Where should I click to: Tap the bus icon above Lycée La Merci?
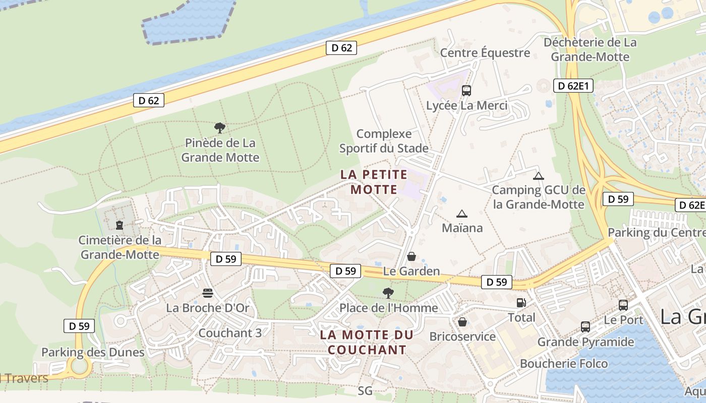coord(466,91)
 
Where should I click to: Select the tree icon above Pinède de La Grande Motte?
coord(220,127)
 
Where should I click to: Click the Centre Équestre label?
coord(485,53)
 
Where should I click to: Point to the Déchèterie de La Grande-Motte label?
coord(590,49)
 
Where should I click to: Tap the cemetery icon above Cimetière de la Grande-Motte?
coord(120,225)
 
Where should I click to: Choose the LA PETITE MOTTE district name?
coord(374,182)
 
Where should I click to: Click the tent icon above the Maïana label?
coord(462,214)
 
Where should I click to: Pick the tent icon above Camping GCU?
coord(539,176)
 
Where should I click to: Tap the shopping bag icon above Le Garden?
coord(411,256)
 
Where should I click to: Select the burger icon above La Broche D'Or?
coord(208,293)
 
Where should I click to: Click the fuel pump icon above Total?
coord(521,302)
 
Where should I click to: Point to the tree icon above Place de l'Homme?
coord(388,293)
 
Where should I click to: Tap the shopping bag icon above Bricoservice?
coord(462,321)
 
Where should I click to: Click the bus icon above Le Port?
coord(623,305)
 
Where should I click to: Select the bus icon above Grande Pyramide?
coord(585,326)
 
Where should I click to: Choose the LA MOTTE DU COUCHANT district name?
coord(374,342)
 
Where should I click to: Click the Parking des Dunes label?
coord(93,352)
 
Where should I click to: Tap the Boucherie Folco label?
coord(564,363)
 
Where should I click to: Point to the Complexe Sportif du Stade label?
coord(384,141)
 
